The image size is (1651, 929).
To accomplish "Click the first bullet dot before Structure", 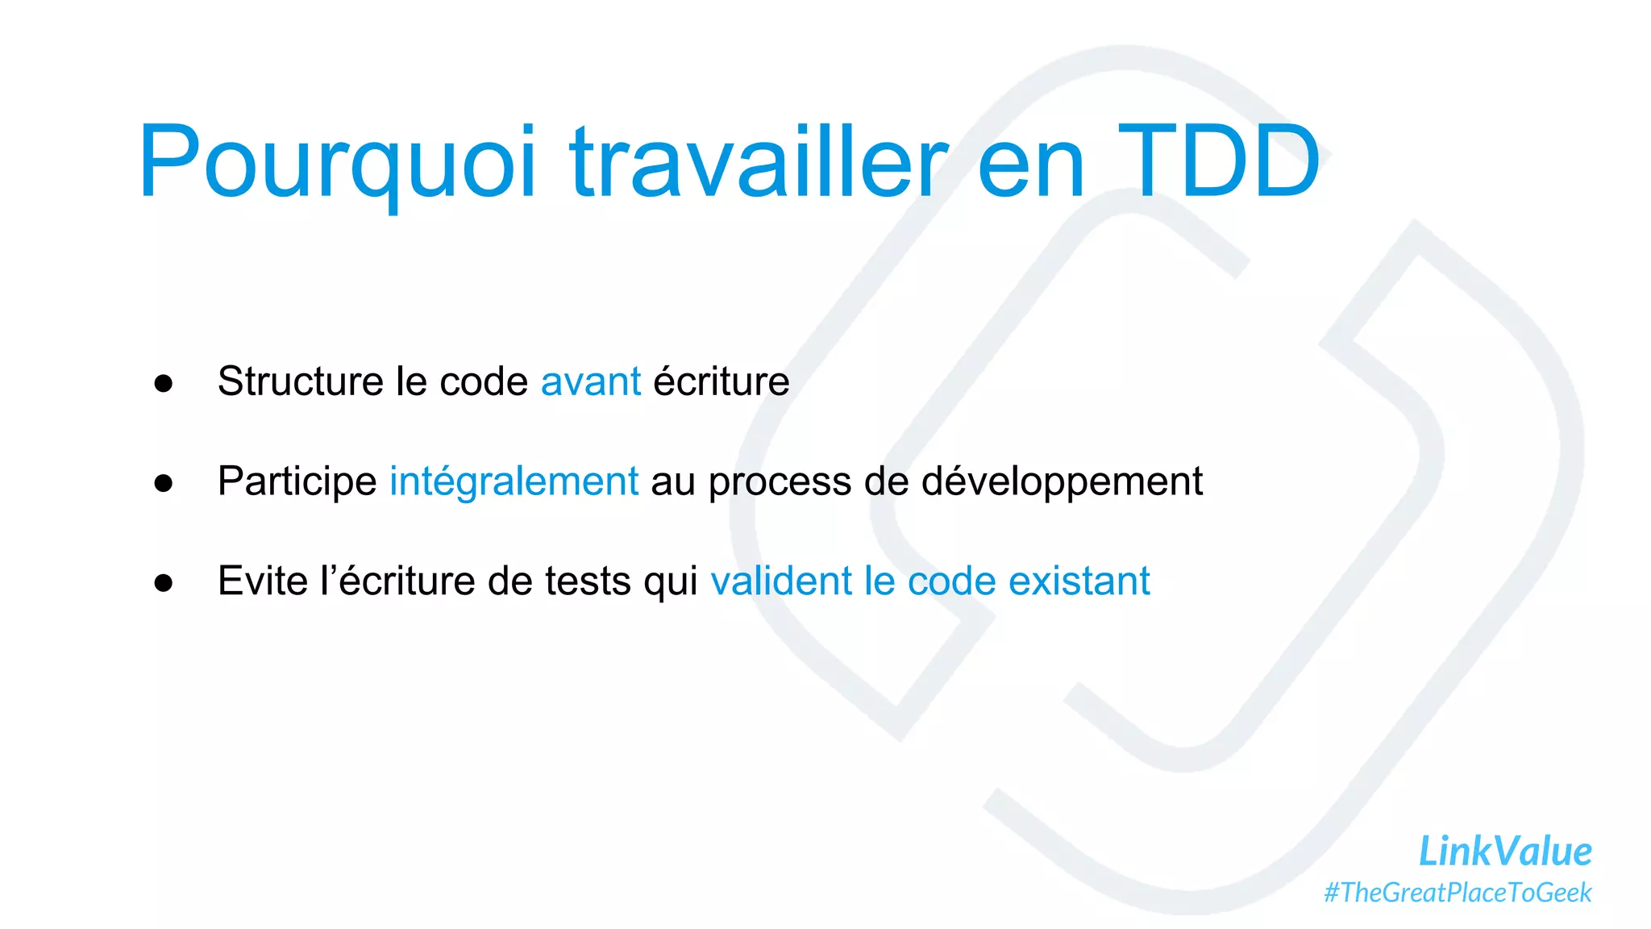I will (164, 384).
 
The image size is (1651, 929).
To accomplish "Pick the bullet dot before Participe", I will (164, 484).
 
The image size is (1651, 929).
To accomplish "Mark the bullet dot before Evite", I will (164, 584).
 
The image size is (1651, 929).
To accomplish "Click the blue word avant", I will (590, 382).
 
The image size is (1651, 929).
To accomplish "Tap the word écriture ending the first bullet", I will (721, 381).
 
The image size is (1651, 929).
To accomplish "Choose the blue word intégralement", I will (514, 482).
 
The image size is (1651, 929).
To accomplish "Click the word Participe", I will (297, 482).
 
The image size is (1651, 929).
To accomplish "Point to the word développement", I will (1061, 482).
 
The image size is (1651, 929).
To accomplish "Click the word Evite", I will (262, 581).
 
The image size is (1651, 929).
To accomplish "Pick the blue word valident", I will (780, 581).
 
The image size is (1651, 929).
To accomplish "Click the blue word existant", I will (1079, 581).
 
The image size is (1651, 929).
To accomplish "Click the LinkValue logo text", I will (1504, 852).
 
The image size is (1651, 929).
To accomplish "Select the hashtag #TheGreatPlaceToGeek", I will (1458, 893).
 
